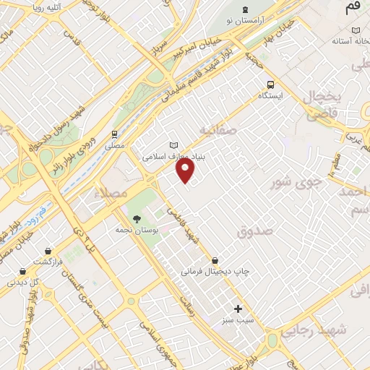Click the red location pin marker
click(x=186, y=171)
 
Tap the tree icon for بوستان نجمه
click(x=137, y=218)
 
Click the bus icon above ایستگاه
click(x=270, y=84)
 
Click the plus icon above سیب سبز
click(x=238, y=309)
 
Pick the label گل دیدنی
click(x=22, y=283)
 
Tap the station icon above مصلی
click(x=114, y=134)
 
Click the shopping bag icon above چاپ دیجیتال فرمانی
click(x=215, y=260)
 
